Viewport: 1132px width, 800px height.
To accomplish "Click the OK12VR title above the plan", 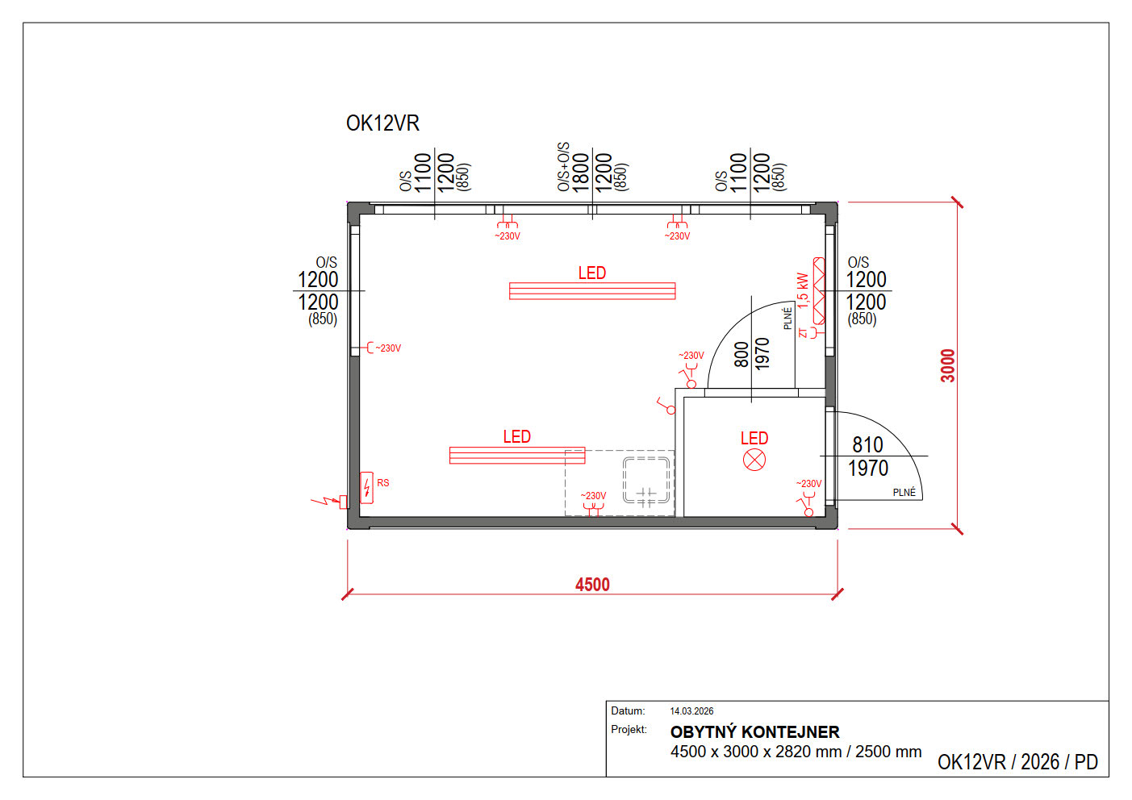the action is (x=382, y=123).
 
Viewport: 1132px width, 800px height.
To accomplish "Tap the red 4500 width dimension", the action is (x=592, y=585).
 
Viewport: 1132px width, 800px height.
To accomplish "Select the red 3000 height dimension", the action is (x=948, y=365).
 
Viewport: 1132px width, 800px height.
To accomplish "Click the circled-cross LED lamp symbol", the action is (x=754, y=460).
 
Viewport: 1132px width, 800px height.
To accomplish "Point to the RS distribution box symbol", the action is (x=367, y=488).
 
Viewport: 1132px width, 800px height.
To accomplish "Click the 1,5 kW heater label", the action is (x=803, y=291).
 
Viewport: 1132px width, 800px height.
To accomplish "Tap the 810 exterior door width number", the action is (x=867, y=445).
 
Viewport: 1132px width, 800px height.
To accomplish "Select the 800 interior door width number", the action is (x=741, y=355).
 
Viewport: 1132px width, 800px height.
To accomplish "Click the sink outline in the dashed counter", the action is (x=646, y=481).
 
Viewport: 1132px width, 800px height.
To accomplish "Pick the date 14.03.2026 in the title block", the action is (x=691, y=711).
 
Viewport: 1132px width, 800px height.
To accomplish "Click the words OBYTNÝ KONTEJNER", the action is (x=754, y=731).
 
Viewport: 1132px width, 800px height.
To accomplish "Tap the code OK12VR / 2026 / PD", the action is (x=1017, y=762).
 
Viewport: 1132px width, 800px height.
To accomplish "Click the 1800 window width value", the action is (x=581, y=173).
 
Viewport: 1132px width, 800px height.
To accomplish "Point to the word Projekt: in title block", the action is (x=629, y=729).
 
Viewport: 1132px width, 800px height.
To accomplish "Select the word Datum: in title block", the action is (x=628, y=710).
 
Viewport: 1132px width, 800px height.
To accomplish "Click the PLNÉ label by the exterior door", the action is (x=904, y=493).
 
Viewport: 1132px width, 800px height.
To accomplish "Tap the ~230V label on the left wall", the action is (x=388, y=348).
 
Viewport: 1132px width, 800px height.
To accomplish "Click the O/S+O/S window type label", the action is (x=563, y=167).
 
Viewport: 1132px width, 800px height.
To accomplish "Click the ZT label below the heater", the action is (x=803, y=332).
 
